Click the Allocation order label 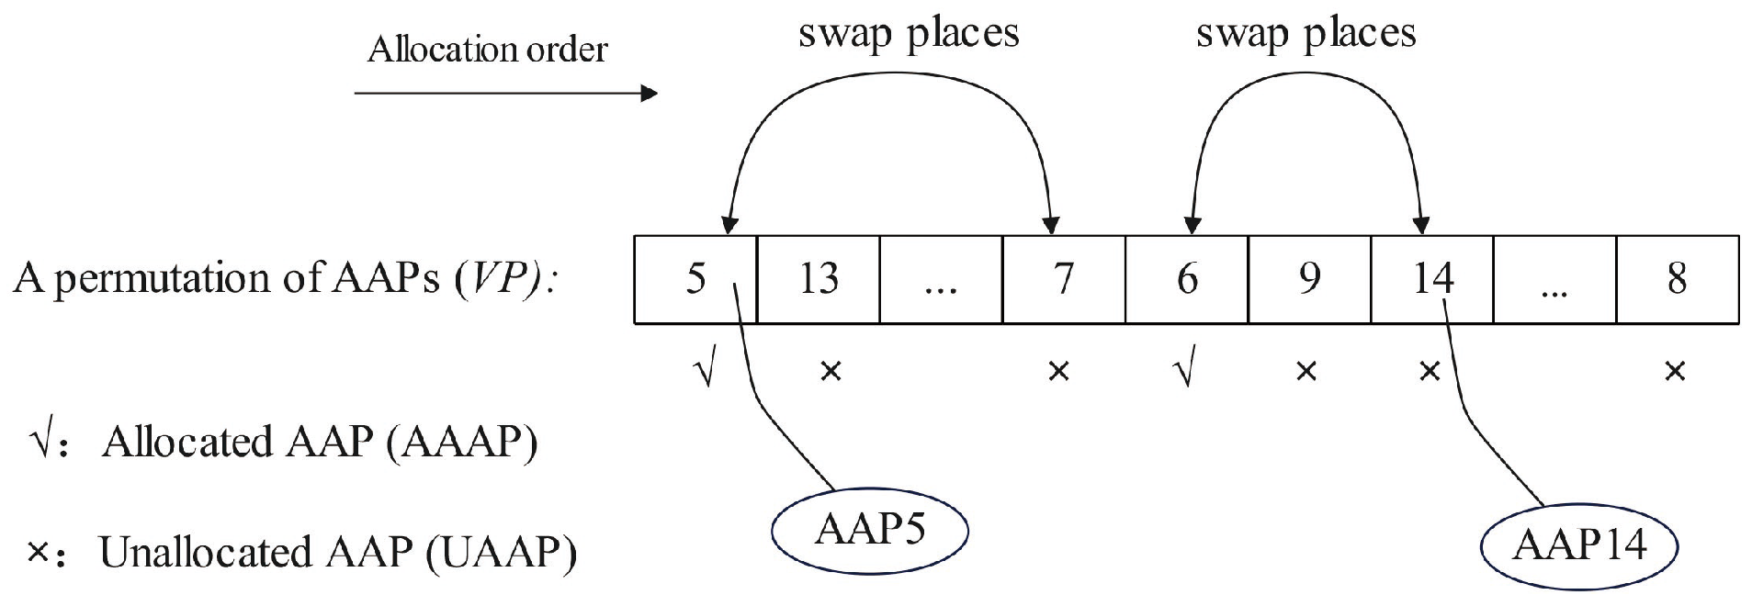tap(487, 49)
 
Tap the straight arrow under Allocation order tap(505, 94)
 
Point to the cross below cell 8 tap(1675, 372)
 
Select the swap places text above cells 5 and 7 tap(909, 35)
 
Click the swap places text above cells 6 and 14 tap(1306, 35)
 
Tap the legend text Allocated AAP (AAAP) tap(319, 443)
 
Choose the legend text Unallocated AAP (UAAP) tap(337, 553)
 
